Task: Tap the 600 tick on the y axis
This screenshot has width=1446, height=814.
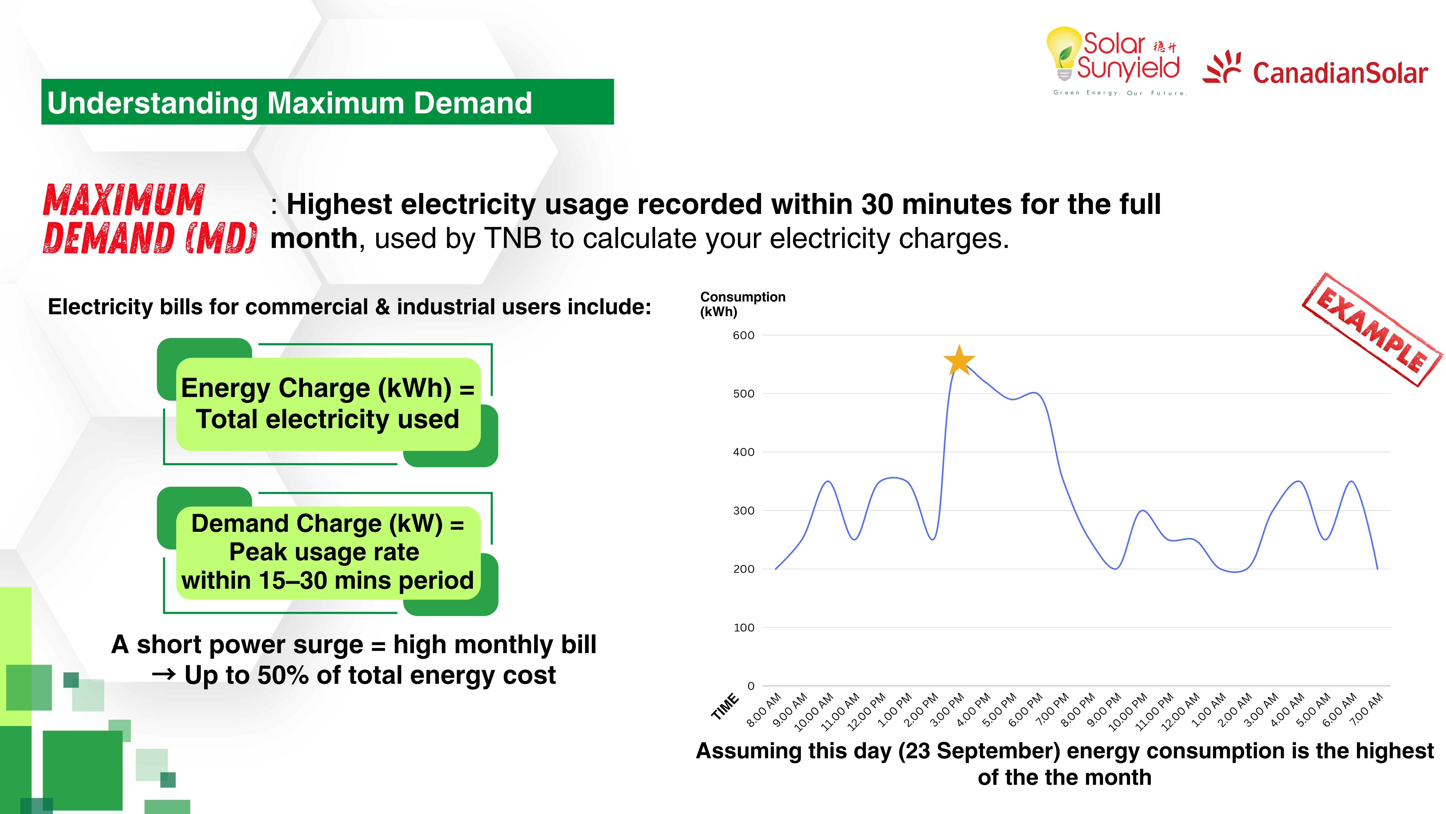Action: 743,335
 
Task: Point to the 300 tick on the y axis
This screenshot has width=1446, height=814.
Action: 743,511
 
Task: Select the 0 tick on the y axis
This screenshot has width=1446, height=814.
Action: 750,686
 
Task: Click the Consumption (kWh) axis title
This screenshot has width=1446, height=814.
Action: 742,304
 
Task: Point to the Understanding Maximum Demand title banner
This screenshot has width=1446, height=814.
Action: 327,102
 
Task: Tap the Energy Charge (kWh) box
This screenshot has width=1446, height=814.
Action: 328,403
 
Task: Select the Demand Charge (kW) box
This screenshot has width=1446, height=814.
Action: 328,552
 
